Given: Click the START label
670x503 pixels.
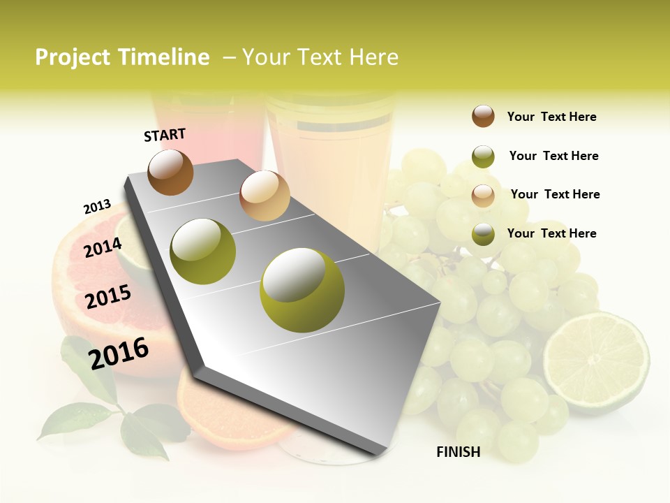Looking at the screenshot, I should click(165, 135).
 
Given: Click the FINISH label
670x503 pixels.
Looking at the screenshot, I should click(458, 452).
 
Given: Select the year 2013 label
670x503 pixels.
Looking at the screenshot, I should click(97, 207).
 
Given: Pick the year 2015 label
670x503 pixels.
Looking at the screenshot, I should click(108, 297).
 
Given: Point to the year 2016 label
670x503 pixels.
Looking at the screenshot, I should click(119, 353).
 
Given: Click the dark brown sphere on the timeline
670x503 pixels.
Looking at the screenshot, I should click(170, 172).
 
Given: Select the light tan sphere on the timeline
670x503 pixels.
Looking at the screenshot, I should click(264, 195).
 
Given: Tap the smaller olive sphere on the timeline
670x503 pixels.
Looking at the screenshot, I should click(202, 251).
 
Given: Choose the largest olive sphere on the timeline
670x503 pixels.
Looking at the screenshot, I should click(301, 289).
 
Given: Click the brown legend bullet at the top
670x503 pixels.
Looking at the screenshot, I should click(483, 116).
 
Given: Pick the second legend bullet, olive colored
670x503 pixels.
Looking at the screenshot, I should click(483, 156).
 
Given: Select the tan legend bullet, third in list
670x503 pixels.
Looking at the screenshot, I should click(483, 196).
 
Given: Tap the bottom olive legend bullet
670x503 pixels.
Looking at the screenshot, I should click(483, 234).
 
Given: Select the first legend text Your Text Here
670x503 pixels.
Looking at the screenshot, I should click(551, 117).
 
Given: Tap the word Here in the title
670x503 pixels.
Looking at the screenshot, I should click(373, 57).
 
